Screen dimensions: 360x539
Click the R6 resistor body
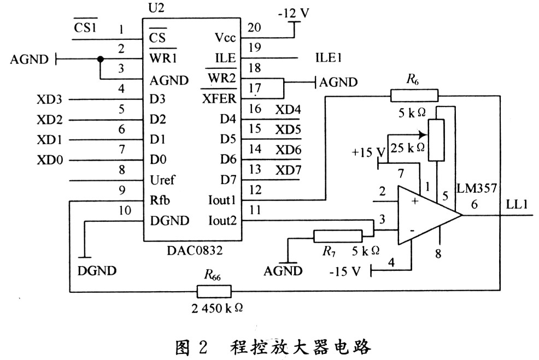[x=414, y=97]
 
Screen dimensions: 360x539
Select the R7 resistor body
[x=337, y=236]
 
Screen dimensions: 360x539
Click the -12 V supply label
[x=294, y=12]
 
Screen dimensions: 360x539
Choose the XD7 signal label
[x=288, y=169]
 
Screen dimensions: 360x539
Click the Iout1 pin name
[x=221, y=200]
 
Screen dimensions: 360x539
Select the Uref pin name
[x=162, y=180]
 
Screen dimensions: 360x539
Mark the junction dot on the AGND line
[x=100, y=59]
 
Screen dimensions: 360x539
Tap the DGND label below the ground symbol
[x=97, y=270]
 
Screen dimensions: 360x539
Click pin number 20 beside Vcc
[x=254, y=27]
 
